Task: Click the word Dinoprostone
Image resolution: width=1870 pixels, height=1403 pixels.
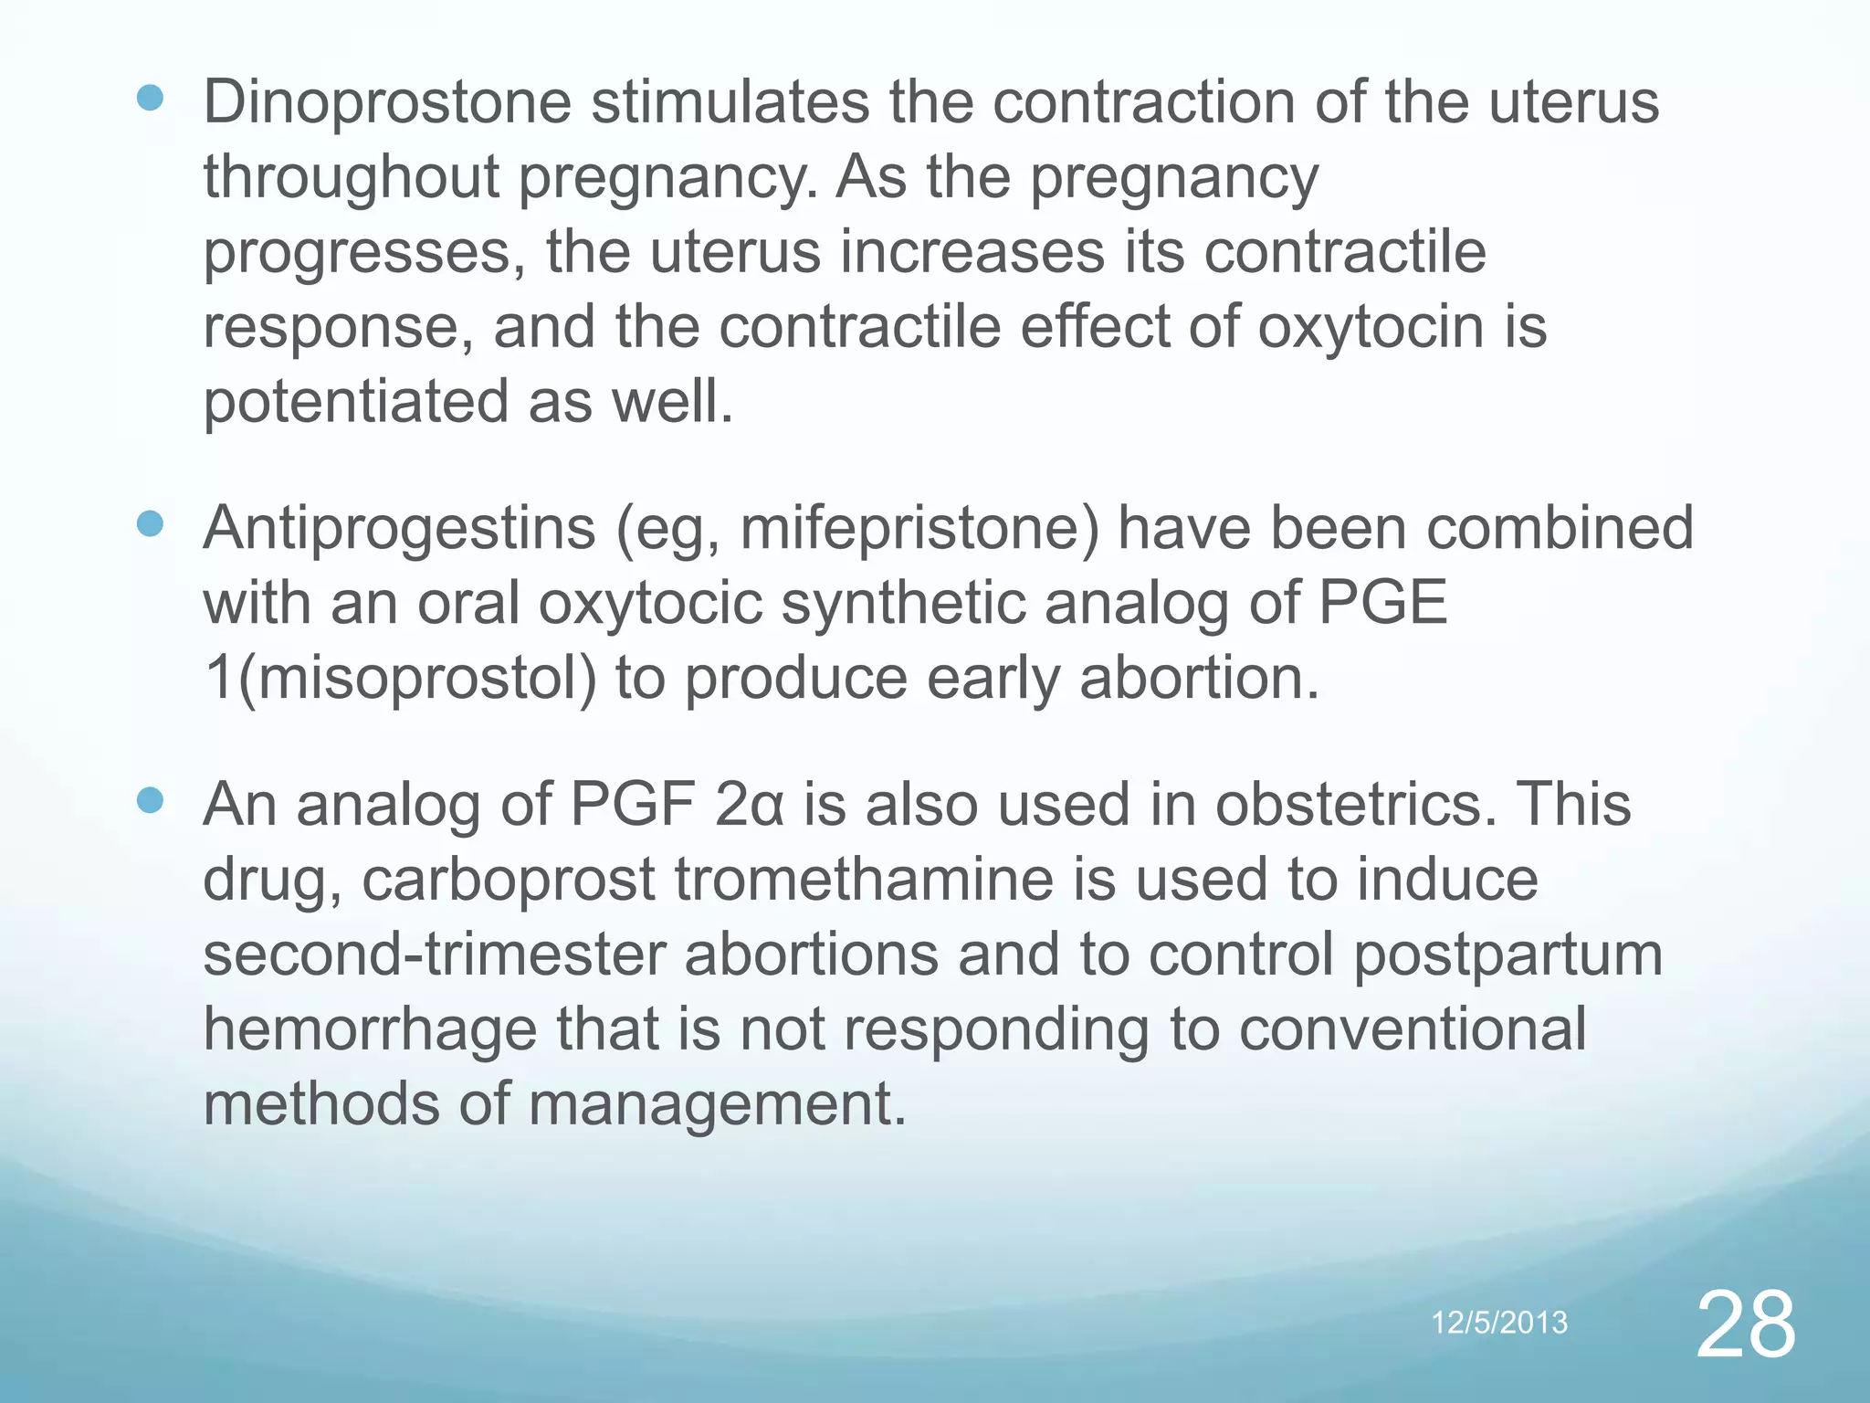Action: (x=386, y=102)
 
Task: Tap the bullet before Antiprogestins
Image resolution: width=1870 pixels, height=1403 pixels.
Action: (x=150, y=524)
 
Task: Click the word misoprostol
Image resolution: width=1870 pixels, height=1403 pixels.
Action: (x=416, y=679)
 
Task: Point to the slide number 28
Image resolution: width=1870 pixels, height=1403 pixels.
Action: (x=1745, y=1325)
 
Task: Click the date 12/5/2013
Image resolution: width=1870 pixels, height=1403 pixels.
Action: (x=1499, y=1322)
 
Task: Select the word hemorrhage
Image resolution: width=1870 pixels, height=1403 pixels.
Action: (x=370, y=1029)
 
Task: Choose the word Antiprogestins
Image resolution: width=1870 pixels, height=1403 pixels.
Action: (x=399, y=529)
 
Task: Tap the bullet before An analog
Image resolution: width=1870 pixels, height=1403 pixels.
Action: (x=150, y=801)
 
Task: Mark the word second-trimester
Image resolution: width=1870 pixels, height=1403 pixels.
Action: (x=434, y=955)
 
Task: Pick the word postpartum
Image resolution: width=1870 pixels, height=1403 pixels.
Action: (x=1507, y=956)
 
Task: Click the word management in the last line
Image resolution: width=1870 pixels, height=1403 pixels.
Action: (x=717, y=1104)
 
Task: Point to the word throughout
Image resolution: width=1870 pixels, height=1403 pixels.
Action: (x=351, y=177)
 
